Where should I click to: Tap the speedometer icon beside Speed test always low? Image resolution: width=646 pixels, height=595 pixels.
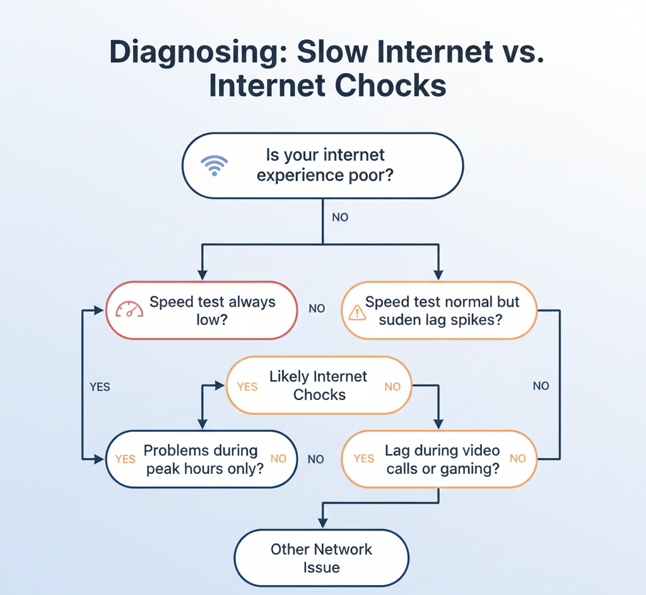(x=129, y=309)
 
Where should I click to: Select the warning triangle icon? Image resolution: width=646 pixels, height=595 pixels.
(x=357, y=311)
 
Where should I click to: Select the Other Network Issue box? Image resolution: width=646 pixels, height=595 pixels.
(x=321, y=558)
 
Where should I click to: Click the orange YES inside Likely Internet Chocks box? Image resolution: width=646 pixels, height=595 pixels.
(x=247, y=387)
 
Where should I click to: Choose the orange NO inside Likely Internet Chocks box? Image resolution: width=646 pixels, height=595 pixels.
(x=392, y=387)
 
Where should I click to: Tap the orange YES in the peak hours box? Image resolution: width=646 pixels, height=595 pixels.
(x=125, y=459)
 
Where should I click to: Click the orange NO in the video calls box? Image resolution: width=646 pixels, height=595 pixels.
(x=518, y=459)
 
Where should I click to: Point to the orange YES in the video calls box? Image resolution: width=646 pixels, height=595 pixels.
(x=364, y=459)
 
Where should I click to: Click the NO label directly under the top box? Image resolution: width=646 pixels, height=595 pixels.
(x=340, y=217)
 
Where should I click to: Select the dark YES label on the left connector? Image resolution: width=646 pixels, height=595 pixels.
(x=100, y=387)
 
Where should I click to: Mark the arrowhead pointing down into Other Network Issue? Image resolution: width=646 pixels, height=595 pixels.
(x=322, y=522)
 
